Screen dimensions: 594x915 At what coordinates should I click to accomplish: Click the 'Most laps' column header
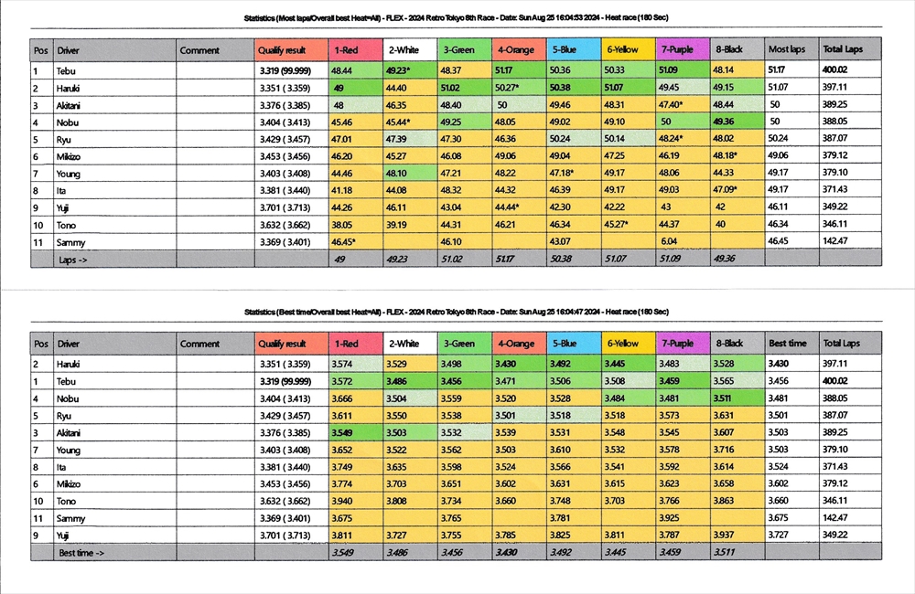click(x=785, y=49)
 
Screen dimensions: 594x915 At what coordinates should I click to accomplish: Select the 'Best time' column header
click(x=787, y=344)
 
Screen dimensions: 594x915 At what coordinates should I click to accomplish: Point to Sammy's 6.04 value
click(x=669, y=241)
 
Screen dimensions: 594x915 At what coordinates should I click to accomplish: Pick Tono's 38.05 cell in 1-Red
click(x=342, y=225)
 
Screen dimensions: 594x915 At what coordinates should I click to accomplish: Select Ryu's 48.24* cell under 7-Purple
click(x=673, y=139)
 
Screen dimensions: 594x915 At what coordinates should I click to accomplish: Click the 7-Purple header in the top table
click(x=678, y=49)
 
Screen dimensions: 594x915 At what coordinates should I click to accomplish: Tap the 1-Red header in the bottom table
click(x=347, y=344)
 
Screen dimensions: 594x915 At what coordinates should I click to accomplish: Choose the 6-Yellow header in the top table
click(x=623, y=49)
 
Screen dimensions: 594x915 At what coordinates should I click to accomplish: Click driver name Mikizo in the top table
click(x=70, y=156)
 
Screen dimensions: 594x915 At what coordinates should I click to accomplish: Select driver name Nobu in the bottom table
click(x=67, y=398)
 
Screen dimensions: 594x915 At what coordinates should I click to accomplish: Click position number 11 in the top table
click(x=38, y=241)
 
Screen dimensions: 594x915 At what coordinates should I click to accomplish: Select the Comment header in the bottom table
click(x=199, y=344)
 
